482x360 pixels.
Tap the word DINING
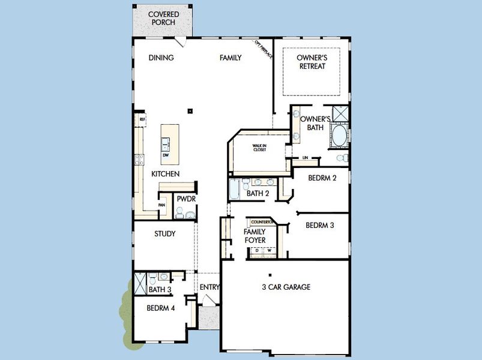tap(161, 58)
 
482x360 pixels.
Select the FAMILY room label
tap(230, 58)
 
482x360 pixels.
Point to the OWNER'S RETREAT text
tap(312, 62)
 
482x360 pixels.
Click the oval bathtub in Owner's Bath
tap(339, 136)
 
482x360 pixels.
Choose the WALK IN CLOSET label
tap(259, 148)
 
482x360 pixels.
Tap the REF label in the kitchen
tap(142, 120)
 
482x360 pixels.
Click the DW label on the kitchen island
tap(165, 156)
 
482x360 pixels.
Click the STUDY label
tap(164, 234)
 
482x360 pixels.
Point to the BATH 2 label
tap(258, 193)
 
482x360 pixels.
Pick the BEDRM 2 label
tap(322, 178)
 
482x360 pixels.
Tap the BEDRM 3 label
tap(320, 226)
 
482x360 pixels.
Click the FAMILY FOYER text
tap(255, 236)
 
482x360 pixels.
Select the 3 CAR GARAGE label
tap(286, 287)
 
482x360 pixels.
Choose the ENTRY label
tap(209, 287)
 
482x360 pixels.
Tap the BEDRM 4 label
tap(160, 308)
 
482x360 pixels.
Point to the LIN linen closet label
tap(305, 158)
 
